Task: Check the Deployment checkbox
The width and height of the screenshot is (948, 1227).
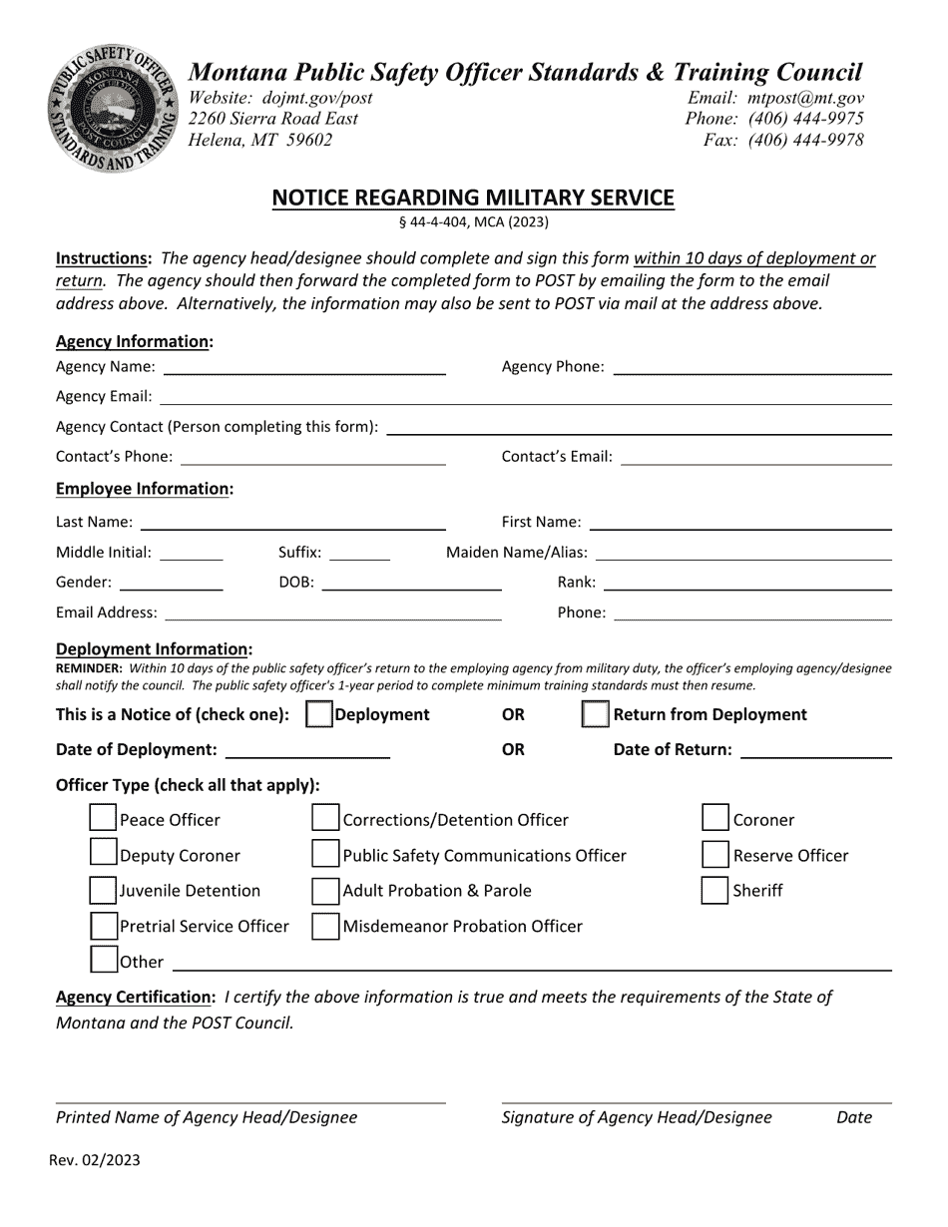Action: [318, 714]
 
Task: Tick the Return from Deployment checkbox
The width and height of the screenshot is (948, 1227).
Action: [595, 714]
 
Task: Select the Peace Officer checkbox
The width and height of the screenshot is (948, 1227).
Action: [103, 819]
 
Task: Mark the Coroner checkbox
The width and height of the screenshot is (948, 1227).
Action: [714, 819]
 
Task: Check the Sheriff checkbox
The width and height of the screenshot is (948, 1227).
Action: [714, 890]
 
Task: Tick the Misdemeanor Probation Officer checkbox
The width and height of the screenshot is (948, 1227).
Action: [325, 926]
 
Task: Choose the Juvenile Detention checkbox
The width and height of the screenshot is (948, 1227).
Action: [103, 890]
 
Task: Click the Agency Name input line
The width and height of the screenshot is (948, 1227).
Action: [304, 367]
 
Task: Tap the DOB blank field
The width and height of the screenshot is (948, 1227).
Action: [411, 583]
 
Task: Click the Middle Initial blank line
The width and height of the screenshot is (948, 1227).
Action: [192, 553]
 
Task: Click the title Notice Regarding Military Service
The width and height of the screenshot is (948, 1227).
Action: [473, 198]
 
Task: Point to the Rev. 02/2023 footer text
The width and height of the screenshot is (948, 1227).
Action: [95, 1159]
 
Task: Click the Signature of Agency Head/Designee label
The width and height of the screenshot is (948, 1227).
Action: [637, 1117]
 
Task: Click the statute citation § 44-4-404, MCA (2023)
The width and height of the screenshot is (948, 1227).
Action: [473, 222]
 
